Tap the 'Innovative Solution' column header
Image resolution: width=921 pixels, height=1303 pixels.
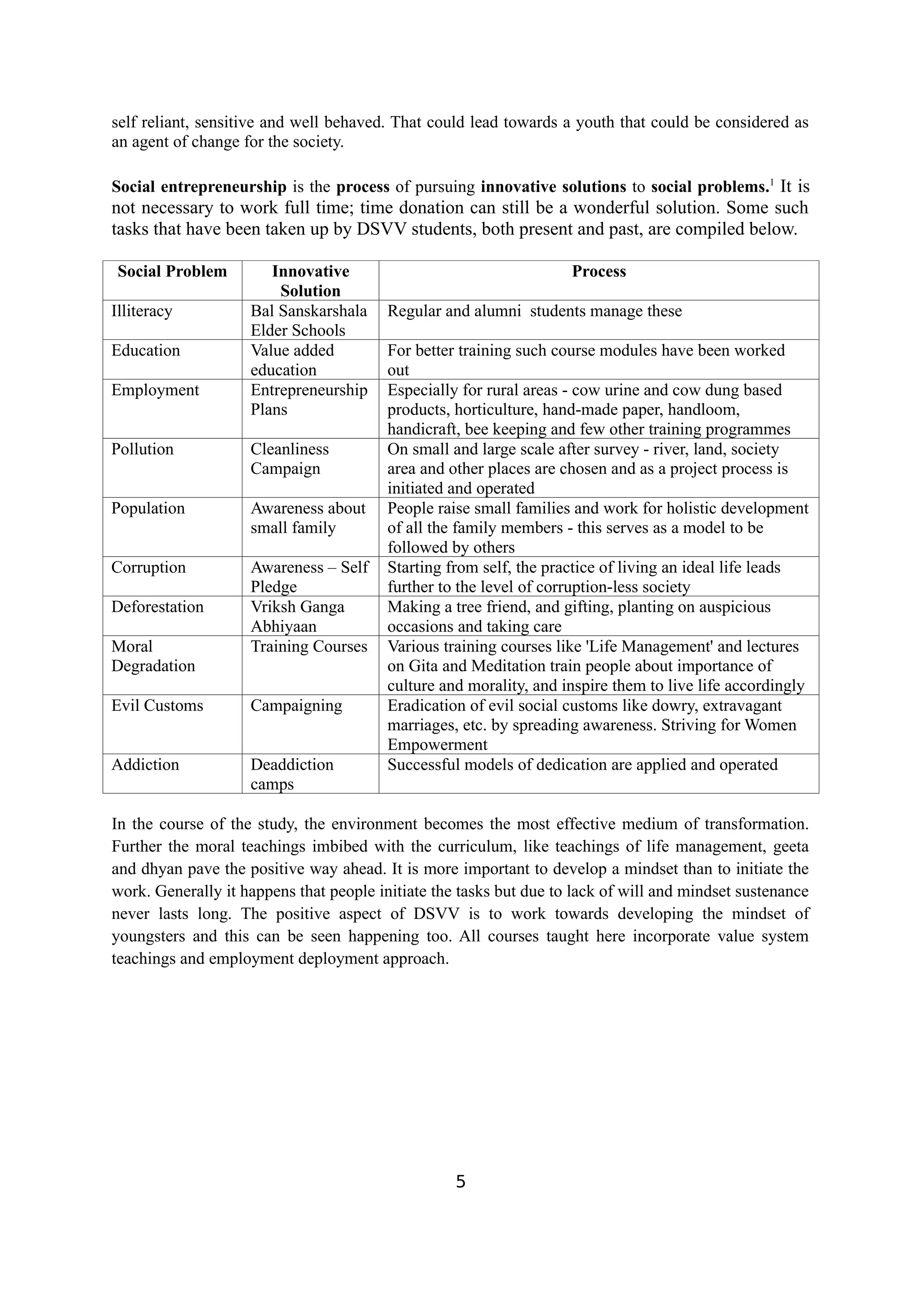[x=310, y=281]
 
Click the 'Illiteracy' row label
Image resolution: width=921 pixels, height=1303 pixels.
[x=142, y=311]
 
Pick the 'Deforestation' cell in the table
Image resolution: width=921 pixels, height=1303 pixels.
[x=157, y=607]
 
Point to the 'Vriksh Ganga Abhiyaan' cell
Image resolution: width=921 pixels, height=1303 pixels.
[x=297, y=616]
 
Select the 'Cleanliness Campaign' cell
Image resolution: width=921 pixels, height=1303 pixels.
[x=290, y=459]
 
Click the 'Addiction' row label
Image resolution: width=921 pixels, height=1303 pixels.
[x=145, y=764]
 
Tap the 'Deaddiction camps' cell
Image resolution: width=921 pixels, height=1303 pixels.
[x=292, y=774]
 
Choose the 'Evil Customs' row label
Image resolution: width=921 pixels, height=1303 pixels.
[x=157, y=705]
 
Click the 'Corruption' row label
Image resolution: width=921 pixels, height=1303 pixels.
[x=149, y=567]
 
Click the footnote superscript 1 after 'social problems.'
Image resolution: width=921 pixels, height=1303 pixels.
[x=771, y=183]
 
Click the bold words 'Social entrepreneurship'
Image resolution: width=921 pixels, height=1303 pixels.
[x=199, y=187]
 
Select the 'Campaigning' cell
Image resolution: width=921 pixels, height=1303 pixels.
[x=296, y=705]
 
